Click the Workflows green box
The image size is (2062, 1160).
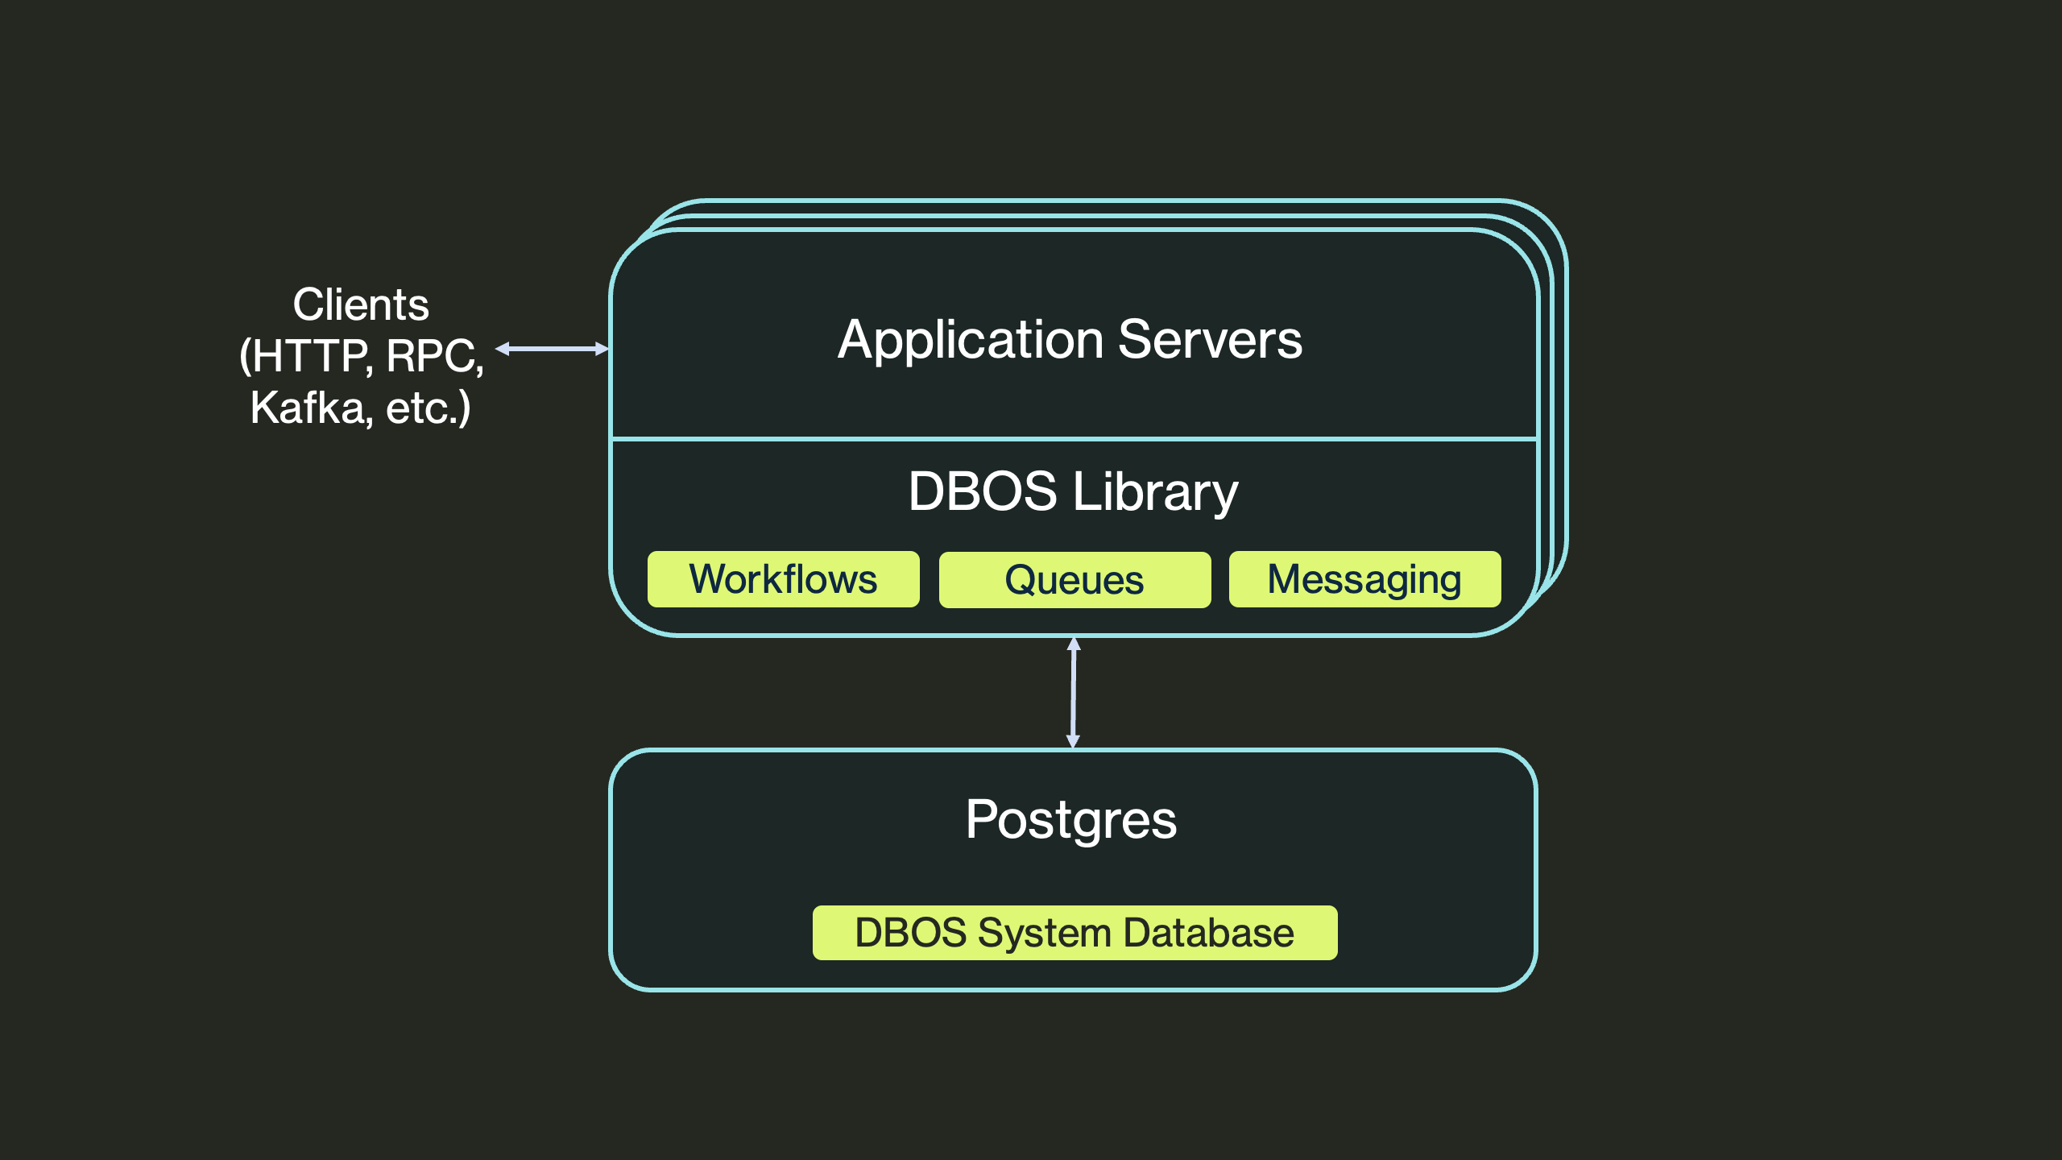(783, 579)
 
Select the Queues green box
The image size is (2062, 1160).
(1074, 580)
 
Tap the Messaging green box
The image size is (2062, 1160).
(1364, 579)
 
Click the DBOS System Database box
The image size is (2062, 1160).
(1074, 933)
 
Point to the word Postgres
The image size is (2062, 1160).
(1071, 820)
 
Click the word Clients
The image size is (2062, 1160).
(361, 304)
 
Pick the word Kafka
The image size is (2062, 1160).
(311, 407)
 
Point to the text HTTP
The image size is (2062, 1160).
(311, 356)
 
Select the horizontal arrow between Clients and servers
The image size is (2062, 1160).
(553, 349)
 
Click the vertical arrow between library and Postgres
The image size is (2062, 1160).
(1073, 693)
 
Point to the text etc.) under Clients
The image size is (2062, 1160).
(428, 407)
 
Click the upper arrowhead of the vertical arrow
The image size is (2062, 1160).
(1074, 644)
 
